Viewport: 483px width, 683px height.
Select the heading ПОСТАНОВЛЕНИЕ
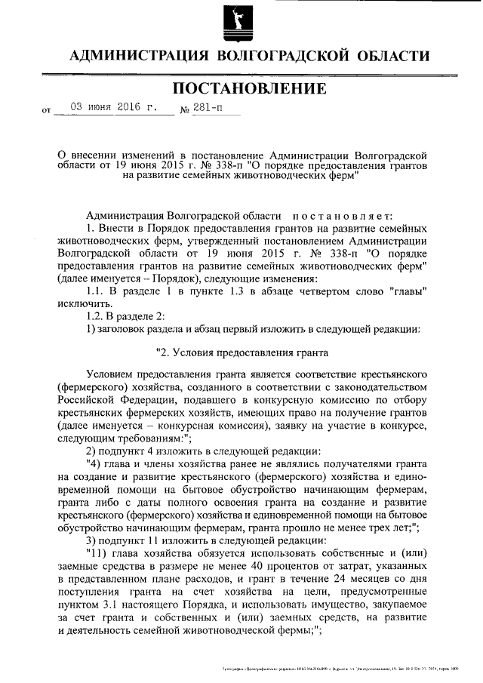tap(250, 89)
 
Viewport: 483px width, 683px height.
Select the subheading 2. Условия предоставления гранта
tap(241, 352)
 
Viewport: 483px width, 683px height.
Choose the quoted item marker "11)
tap(99, 552)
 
